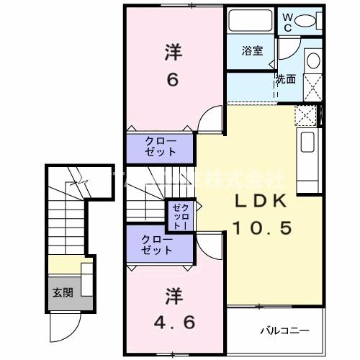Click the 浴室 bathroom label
251,52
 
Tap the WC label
287,20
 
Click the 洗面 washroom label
285,80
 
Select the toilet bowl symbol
310,21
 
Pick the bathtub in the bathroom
249,21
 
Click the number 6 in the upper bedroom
173,79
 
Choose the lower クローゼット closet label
156,245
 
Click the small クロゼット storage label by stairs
178,214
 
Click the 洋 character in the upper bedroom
173,52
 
